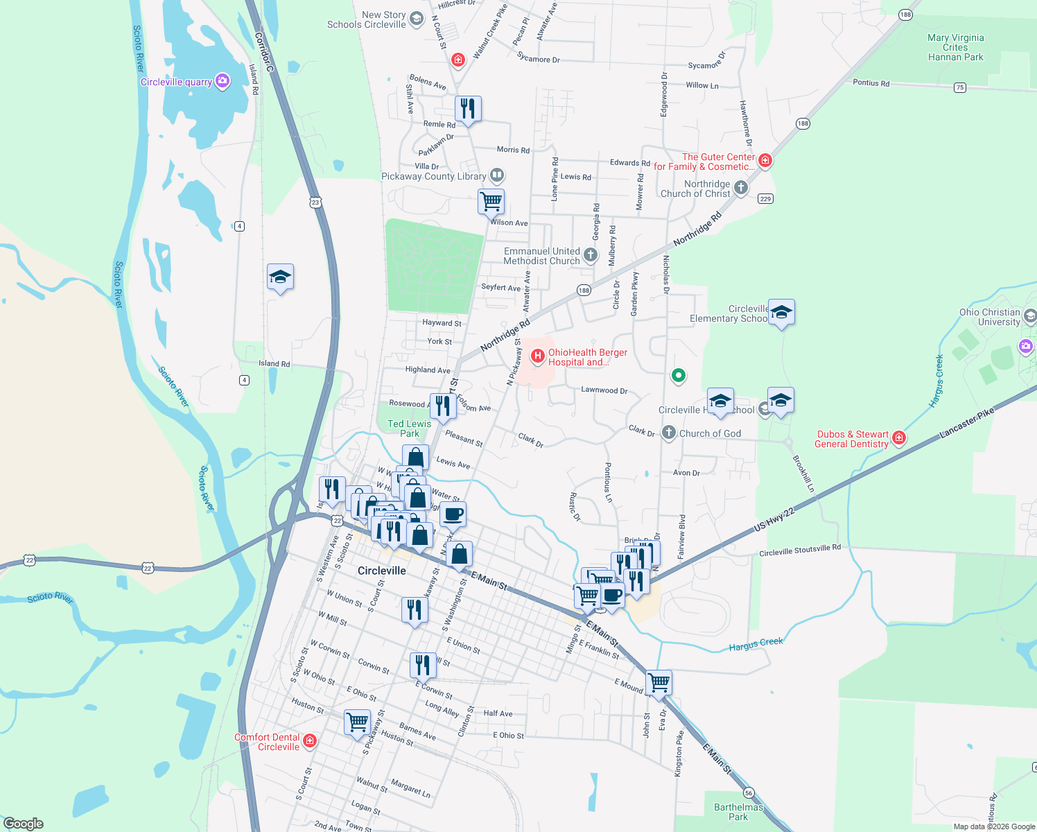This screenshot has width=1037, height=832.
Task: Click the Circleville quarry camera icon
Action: [x=222, y=81]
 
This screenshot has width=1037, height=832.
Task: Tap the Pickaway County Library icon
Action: [x=496, y=175]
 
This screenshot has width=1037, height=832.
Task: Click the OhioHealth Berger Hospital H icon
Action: [x=537, y=356]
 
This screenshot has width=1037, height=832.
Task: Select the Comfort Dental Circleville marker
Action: [x=310, y=741]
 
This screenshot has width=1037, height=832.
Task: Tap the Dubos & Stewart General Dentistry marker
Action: [x=899, y=437]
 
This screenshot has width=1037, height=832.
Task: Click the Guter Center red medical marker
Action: [x=765, y=161]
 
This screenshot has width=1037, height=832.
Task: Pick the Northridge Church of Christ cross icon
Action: [x=740, y=188]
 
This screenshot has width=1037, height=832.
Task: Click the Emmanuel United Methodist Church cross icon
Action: [x=590, y=255]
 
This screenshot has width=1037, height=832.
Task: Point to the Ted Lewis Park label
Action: [x=409, y=428]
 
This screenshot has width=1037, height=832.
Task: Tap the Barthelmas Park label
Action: [x=738, y=812]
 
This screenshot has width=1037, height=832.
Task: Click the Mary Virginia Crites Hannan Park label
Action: [x=955, y=48]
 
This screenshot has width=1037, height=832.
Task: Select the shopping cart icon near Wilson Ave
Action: [x=491, y=202]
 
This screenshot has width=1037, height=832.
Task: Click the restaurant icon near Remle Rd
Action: [x=468, y=109]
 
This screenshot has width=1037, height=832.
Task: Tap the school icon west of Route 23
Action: [x=280, y=277]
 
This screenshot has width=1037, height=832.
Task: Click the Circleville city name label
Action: [x=381, y=571]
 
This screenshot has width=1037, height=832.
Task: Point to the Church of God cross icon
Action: [x=668, y=433]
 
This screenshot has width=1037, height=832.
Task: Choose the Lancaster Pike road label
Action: [x=966, y=423]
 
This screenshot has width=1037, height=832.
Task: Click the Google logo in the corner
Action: [x=24, y=823]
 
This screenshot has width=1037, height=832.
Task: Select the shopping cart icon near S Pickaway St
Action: [x=357, y=722]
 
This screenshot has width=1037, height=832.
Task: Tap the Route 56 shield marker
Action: [x=748, y=792]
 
